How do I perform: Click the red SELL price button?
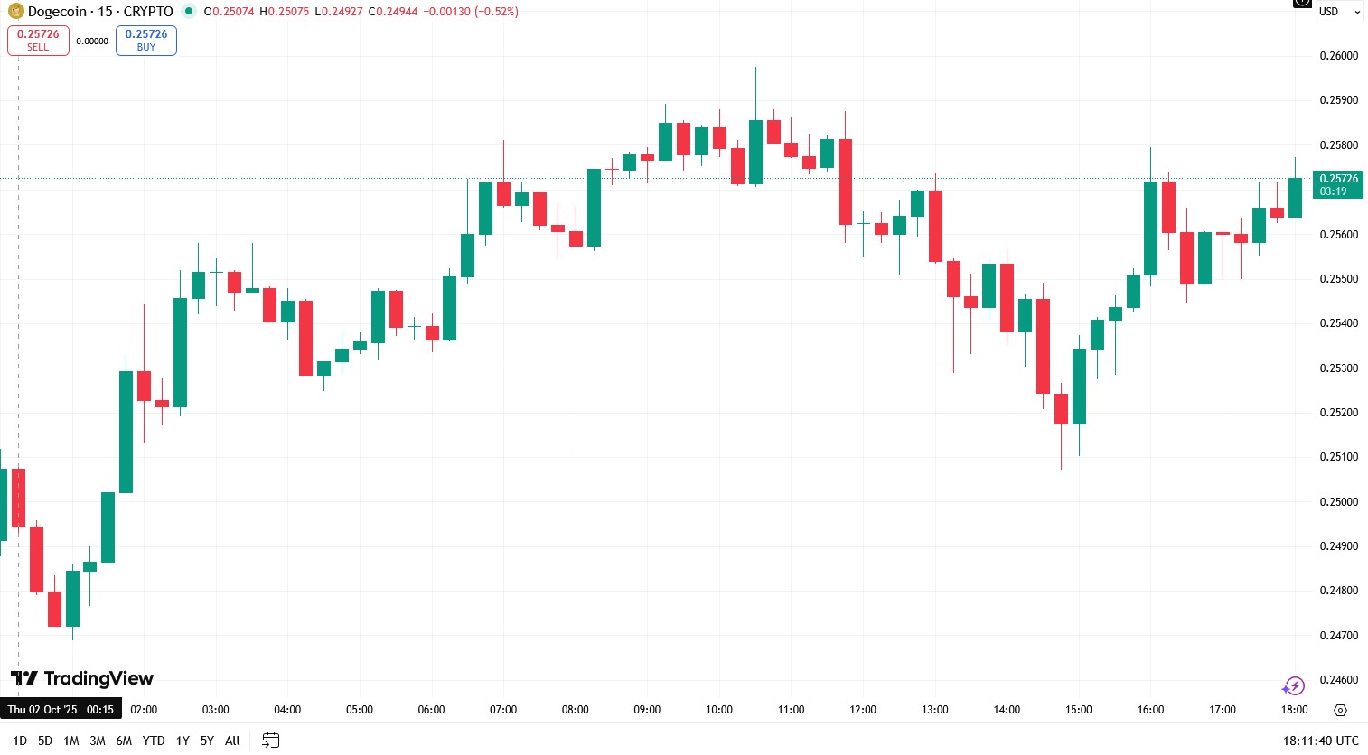[38, 40]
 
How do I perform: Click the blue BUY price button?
[146, 40]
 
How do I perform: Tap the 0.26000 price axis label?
[1338, 56]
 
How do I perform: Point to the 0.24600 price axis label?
[1338, 680]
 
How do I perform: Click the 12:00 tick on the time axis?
[863, 710]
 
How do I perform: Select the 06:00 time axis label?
[431, 710]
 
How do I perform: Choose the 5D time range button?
[45, 741]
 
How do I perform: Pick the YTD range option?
[154, 741]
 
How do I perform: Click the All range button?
[232, 741]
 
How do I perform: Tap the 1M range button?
[71, 741]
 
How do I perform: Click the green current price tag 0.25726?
[1338, 184]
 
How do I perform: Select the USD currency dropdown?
[1338, 12]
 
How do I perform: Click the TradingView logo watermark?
[82, 678]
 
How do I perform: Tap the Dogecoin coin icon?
[15, 12]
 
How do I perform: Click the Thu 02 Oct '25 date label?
[42, 710]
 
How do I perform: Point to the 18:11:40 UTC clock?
[1320, 741]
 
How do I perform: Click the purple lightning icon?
[1293, 686]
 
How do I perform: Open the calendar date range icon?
[270, 741]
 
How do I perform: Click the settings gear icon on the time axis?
[1340, 710]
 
